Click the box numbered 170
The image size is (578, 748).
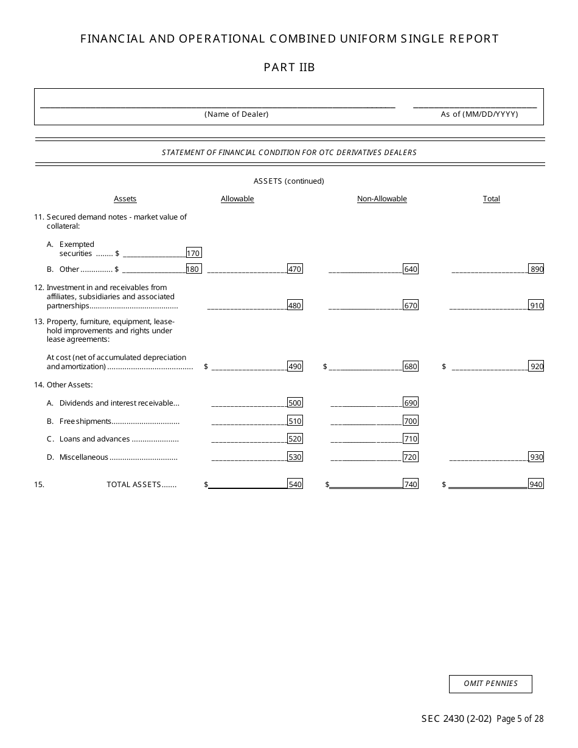[193, 253]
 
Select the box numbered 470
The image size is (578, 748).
[294, 269]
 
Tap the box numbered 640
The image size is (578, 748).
[411, 269]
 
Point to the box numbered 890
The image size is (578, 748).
[536, 269]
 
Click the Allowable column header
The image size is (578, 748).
[237, 199]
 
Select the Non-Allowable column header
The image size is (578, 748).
[381, 199]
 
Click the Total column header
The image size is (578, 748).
[491, 199]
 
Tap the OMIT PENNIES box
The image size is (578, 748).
[490, 684]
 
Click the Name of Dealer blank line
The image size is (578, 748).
[217, 106]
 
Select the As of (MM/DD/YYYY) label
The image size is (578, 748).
[479, 114]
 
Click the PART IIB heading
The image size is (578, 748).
[289, 68]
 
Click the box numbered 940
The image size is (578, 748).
[536, 484]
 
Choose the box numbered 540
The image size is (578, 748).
[295, 484]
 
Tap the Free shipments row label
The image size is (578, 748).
[85, 421]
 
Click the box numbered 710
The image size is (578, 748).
[411, 438]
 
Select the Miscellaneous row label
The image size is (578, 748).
[84, 457]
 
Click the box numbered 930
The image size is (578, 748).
[536, 457]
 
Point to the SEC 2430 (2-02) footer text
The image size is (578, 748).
[456, 719]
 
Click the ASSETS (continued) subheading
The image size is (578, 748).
[288, 181]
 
